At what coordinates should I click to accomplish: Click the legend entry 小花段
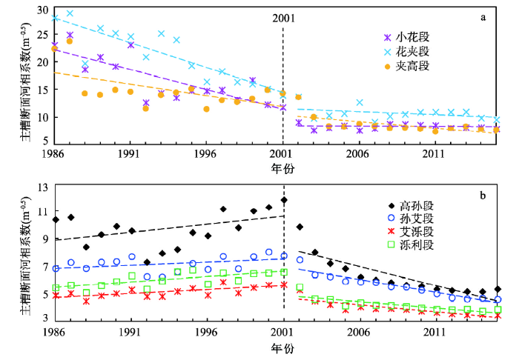click(x=406, y=37)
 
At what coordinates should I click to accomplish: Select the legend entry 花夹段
click(x=406, y=52)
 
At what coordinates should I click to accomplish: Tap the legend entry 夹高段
click(x=406, y=66)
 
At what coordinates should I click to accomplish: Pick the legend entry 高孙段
click(x=411, y=206)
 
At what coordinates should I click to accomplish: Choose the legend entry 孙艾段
click(x=411, y=219)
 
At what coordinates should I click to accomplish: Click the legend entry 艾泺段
click(x=411, y=232)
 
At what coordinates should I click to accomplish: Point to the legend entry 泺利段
click(x=411, y=245)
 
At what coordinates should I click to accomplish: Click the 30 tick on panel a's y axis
click(x=43, y=10)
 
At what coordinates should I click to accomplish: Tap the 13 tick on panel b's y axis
click(x=43, y=187)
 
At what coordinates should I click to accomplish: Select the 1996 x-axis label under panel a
click(x=205, y=154)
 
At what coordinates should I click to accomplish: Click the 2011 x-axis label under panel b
click(x=434, y=332)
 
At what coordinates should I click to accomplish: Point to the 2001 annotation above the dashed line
click(x=284, y=18)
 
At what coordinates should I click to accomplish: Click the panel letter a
click(x=483, y=17)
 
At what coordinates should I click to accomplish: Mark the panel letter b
click(x=483, y=196)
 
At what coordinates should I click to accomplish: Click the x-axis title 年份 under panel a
click(x=282, y=169)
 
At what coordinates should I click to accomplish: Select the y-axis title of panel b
click(x=25, y=256)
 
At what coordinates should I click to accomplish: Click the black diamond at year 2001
click(x=284, y=200)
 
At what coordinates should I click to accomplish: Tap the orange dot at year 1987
click(x=70, y=41)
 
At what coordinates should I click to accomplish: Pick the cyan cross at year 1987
click(x=70, y=13)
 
